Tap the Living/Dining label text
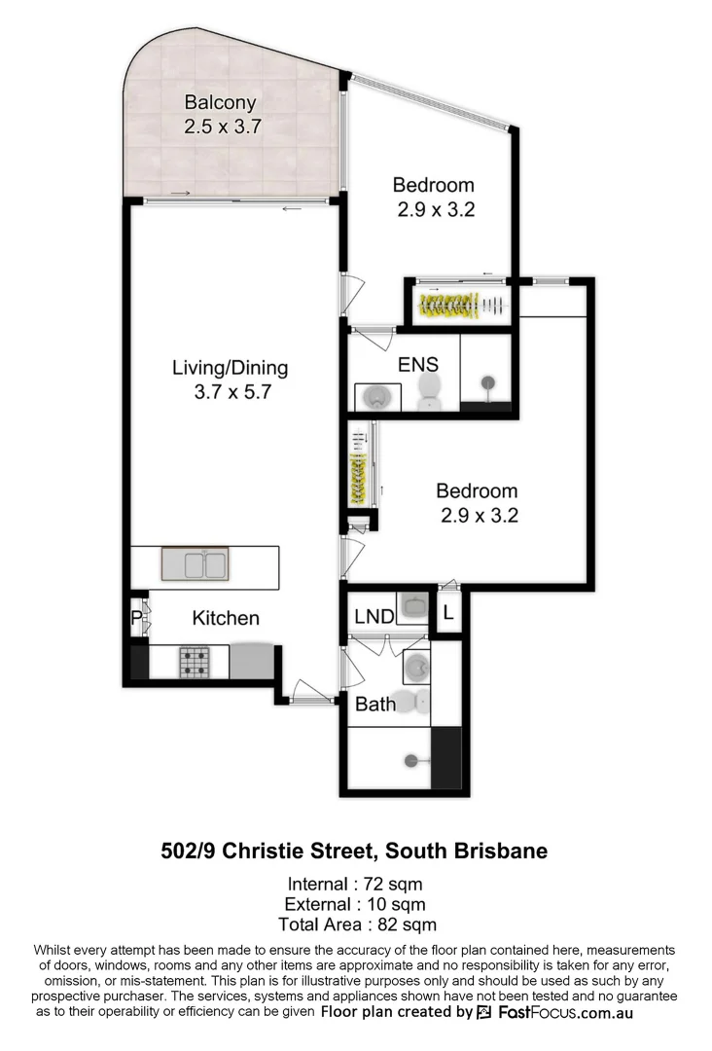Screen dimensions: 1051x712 tap(230, 368)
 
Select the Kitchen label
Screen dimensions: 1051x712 tap(226, 618)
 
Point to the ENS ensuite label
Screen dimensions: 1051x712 tap(417, 365)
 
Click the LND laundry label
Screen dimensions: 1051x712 tap(374, 616)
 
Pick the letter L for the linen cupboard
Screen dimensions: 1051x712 tap(447, 614)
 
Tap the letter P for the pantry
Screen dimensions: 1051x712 tap(136, 617)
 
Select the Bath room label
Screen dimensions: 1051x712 tap(374, 703)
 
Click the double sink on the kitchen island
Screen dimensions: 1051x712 tap(195, 564)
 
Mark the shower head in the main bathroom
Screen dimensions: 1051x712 tap(412, 760)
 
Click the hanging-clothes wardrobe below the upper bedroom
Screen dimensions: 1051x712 tap(462, 305)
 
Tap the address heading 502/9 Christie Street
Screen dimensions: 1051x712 tap(354, 851)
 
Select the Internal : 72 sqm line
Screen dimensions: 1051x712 tap(354, 885)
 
